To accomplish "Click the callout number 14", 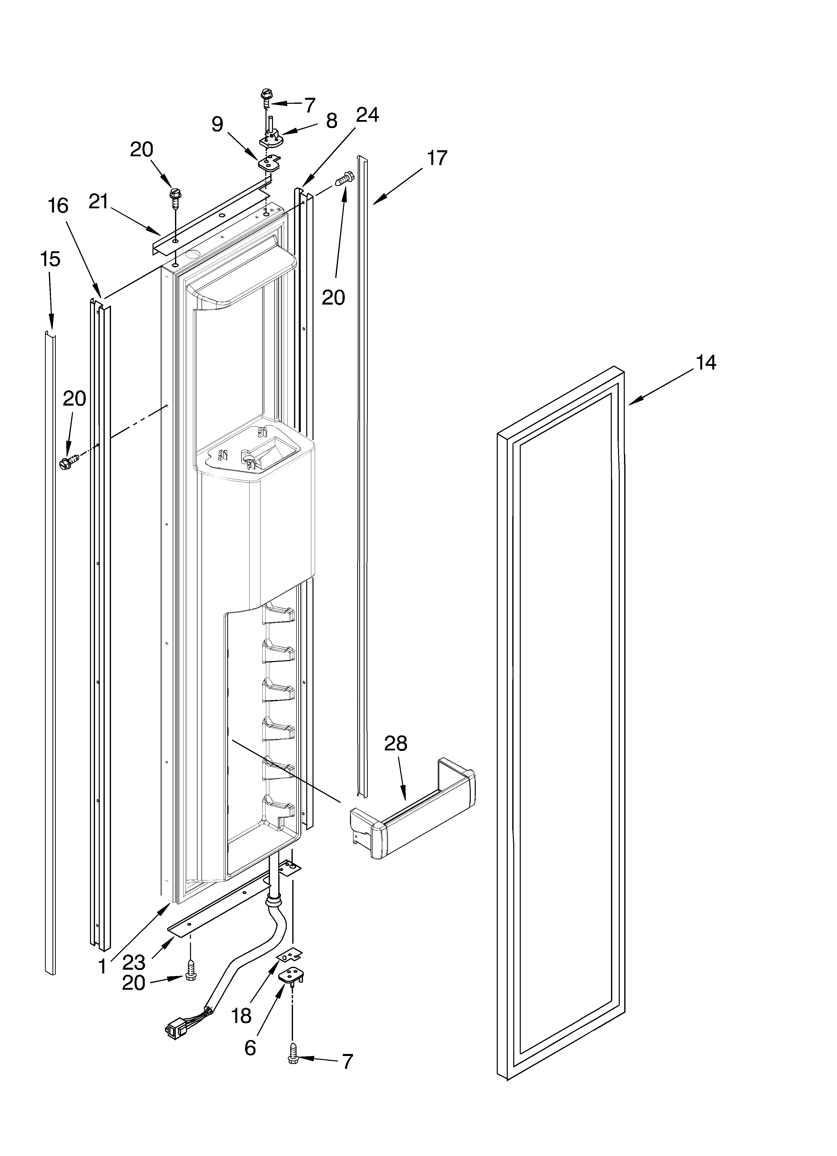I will pyautogui.click(x=706, y=363).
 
